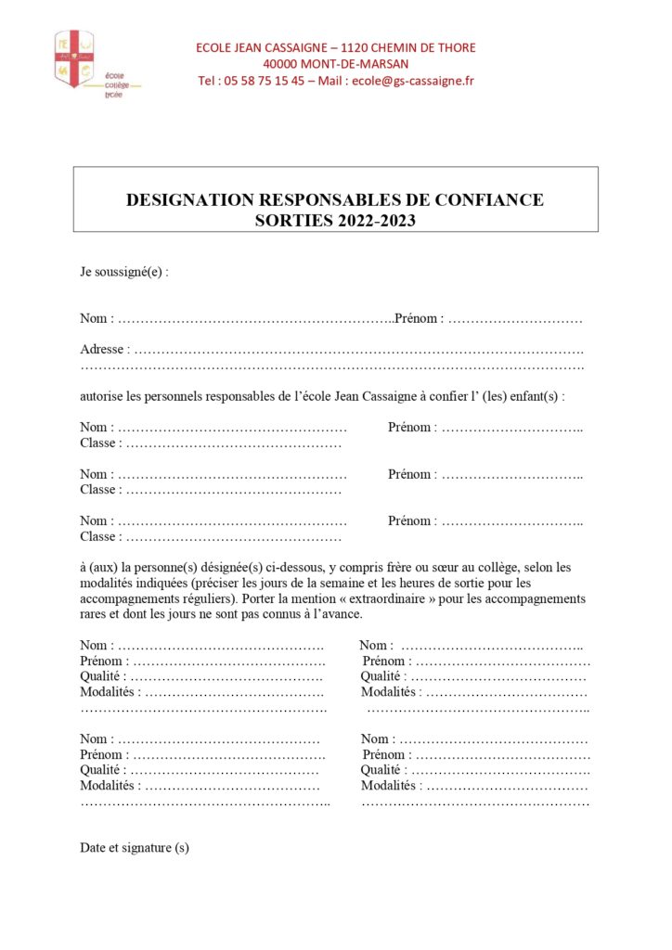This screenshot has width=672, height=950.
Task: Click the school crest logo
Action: click(x=74, y=58)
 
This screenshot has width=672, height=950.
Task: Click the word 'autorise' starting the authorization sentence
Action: click(x=102, y=396)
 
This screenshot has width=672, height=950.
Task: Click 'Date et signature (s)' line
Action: click(x=135, y=847)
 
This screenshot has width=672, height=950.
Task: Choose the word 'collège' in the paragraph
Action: click(x=502, y=567)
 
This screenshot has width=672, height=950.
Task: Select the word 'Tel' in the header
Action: click(x=207, y=81)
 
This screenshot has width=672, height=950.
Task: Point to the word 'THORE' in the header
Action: click(x=454, y=47)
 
